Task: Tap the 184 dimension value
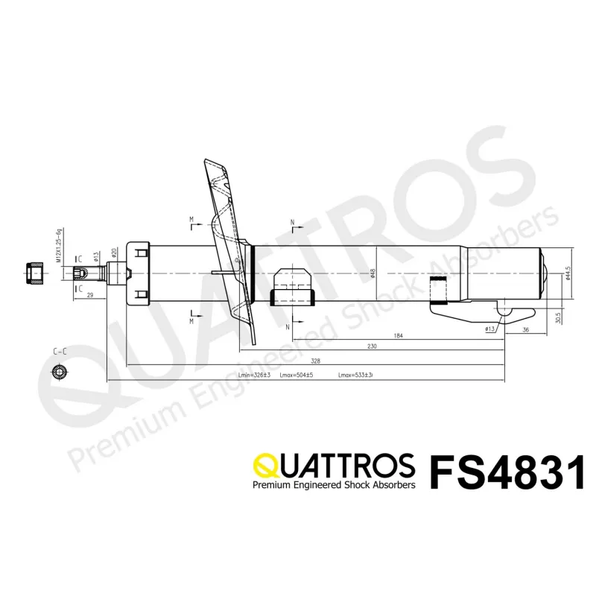click(398, 336)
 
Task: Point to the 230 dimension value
click(372, 346)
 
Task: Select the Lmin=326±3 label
click(253, 375)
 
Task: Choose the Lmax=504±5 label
click(297, 375)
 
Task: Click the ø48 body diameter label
click(372, 273)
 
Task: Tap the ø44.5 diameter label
click(568, 273)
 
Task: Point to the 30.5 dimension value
click(558, 317)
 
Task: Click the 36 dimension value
click(525, 329)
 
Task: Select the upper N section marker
click(292, 223)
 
